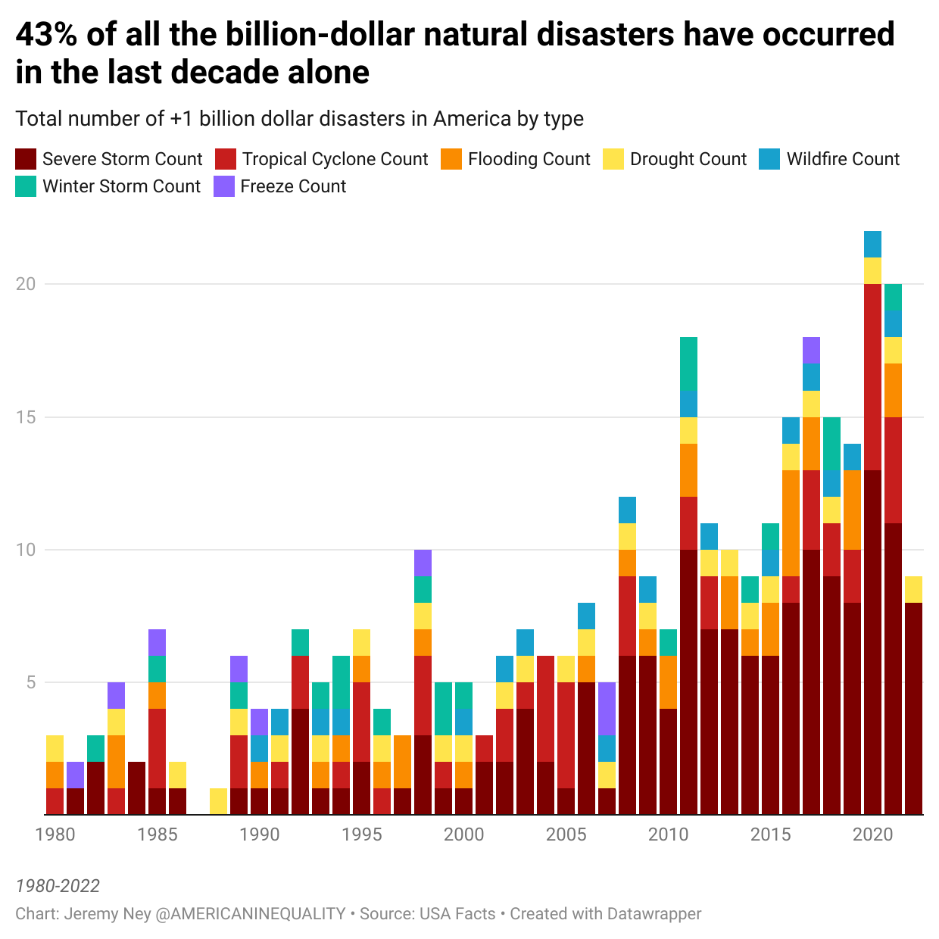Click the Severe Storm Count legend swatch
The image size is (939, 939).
[x=26, y=159]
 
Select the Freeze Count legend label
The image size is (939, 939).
[x=292, y=186]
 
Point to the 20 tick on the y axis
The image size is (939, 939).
[x=26, y=284]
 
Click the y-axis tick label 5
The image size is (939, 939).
[x=30, y=682]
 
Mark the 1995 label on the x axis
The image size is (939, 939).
[x=362, y=834]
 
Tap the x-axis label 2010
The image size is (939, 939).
[x=668, y=834]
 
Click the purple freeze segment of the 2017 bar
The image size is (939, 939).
[x=811, y=350]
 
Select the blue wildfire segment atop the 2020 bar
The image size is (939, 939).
[x=872, y=244]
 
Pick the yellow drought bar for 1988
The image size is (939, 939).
[x=218, y=801]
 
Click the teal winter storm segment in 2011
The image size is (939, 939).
[x=688, y=363]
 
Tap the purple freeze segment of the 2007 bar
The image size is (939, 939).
[x=607, y=708]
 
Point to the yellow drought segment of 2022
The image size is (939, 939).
[x=913, y=589]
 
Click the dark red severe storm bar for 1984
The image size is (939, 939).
[x=136, y=788]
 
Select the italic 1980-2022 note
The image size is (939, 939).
[x=58, y=886]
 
